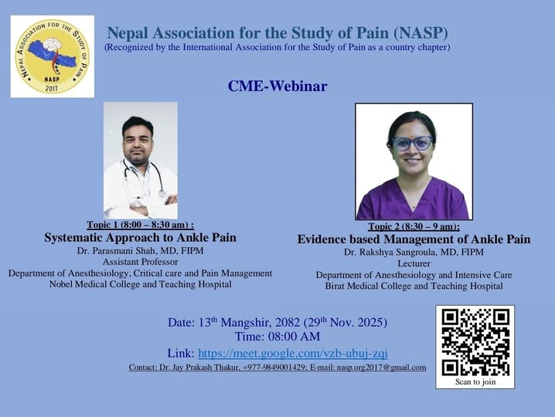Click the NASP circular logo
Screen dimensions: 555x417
pos(52,56)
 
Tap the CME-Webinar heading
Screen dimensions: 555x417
pos(277,86)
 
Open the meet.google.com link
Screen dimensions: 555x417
pos(293,353)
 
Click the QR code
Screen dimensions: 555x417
pos(475,342)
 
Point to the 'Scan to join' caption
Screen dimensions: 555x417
pos(475,381)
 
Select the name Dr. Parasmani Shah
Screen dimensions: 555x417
pos(116,251)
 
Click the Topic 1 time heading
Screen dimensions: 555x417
pos(140,225)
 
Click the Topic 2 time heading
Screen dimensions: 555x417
pos(414,226)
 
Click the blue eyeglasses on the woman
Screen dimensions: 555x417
pos(412,143)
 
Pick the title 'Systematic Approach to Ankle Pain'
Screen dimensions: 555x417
pos(140,237)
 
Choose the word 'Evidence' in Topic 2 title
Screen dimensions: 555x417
pos(320,239)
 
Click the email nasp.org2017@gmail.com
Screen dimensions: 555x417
pos(382,368)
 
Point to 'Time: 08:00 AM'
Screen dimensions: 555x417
pos(277,337)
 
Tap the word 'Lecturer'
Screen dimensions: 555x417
pos(414,263)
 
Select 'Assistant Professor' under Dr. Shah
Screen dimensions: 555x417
pos(140,262)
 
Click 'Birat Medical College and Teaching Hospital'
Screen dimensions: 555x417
pos(414,286)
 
